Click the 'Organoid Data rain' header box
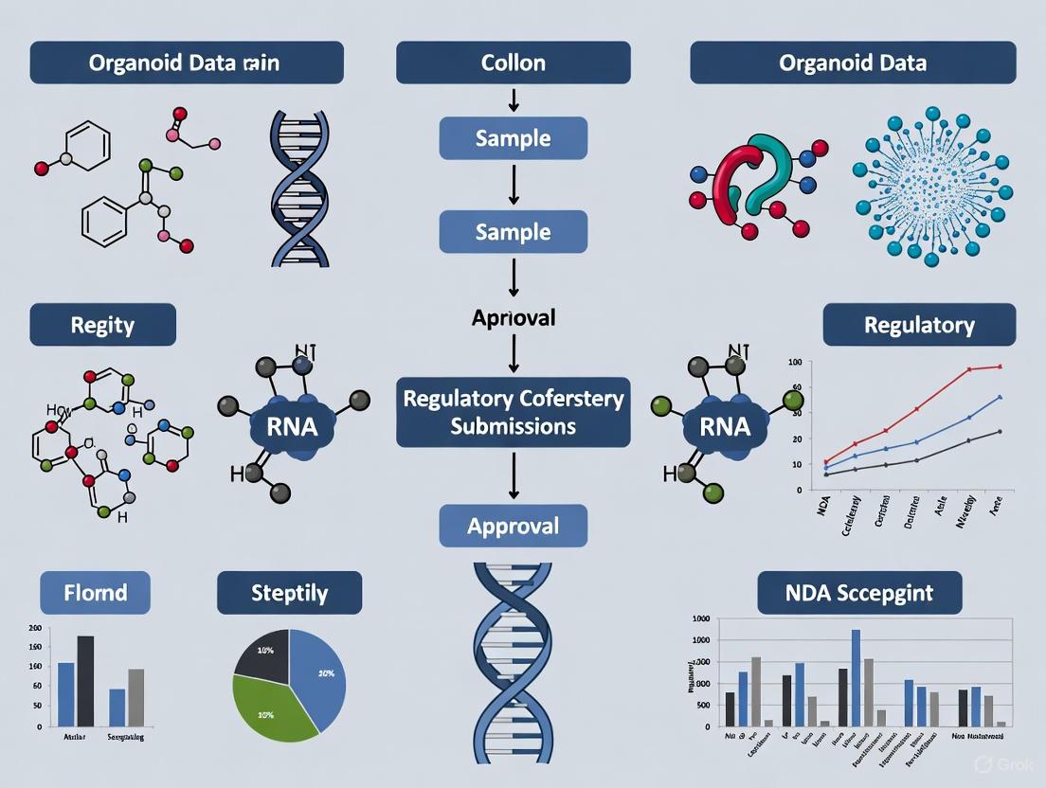point(187,63)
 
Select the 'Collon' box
point(513,63)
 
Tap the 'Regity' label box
point(102,325)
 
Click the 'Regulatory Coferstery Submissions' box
point(513,412)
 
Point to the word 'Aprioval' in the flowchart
point(513,317)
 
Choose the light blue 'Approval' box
point(513,526)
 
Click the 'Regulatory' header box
point(919,325)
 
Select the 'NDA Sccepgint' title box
point(859,593)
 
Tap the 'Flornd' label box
point(95,593)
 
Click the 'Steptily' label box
point(289,593)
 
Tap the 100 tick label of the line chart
point(794,363)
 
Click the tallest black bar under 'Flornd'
point(85,681)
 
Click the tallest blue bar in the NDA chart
point(856,677)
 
